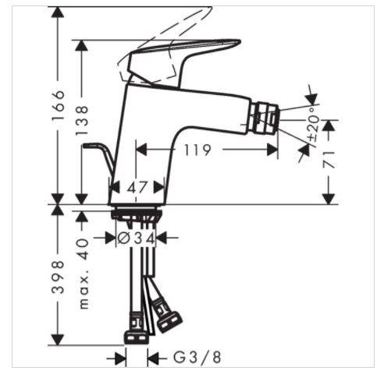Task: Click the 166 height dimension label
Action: [58, 105]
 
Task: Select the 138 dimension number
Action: [82, 120]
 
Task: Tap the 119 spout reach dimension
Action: [197, 150]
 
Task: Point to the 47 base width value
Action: [137, 187]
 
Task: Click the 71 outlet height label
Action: [329, 160]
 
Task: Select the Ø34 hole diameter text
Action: [137, 238]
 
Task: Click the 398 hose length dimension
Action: [58, 277]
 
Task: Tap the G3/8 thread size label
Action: [197, 357]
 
